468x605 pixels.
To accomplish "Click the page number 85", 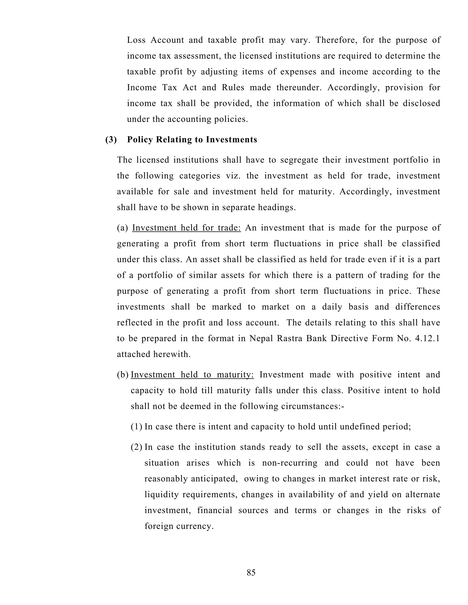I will click(251, 572).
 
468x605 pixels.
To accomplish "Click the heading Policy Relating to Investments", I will click(192, 140).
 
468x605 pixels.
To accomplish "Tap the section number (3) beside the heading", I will click(111, 140).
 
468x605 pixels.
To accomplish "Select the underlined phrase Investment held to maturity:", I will click(192, 374).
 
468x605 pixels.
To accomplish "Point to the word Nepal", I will click(260, 339).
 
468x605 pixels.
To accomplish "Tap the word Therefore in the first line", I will click(335, 40).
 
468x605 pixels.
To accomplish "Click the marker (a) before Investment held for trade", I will click(122, 228).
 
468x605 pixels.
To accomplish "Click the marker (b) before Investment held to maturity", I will click(122, 374).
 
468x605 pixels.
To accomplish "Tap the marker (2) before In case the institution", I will click(136, 447).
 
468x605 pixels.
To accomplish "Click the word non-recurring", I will click(290, 463).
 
